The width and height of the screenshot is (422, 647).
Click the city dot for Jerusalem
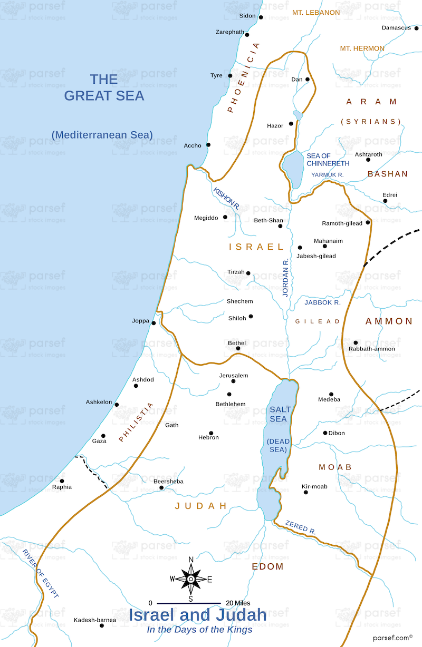pos(234,381)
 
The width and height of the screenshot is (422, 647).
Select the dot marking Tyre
pos(230,76)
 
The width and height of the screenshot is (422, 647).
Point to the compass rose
pos(190,579)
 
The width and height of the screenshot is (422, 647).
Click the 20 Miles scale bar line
pos(189,603)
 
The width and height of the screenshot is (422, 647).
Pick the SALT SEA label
pos(280,414)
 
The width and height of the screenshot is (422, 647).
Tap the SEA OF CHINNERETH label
pos(328,160)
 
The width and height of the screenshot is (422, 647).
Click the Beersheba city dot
pos(161,488)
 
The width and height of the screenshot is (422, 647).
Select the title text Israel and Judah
pos(198,615)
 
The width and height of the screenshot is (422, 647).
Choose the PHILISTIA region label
pos(137,422)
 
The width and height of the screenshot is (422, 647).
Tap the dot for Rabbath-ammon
pos(356,342)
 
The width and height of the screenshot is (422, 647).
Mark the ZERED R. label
pos(300,527)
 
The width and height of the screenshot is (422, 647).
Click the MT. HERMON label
pos(362,48)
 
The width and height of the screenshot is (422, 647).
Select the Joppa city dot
pos(154,323)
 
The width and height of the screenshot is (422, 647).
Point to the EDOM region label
pos(267,567)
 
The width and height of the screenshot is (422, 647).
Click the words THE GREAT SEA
pos(104,87)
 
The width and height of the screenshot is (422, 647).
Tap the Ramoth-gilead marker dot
pos(368,222)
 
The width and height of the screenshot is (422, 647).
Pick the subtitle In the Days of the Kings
pos(199,630)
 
